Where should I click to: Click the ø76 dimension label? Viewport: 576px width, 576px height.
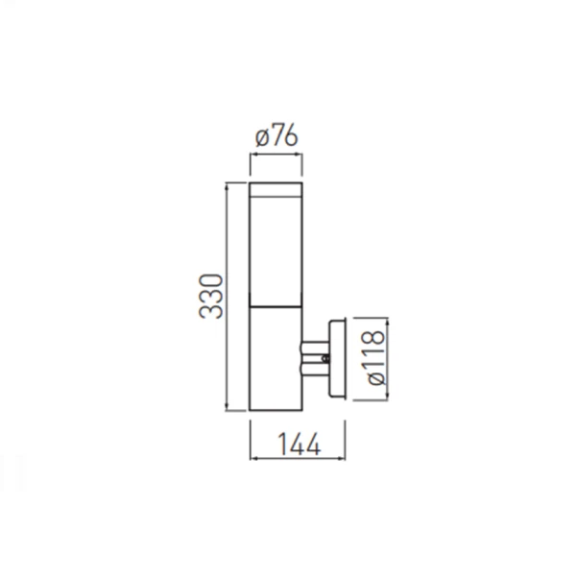[276, 136]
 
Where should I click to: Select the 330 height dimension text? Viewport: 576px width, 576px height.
[211, 296]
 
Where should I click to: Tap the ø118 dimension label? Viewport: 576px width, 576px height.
[375, 358]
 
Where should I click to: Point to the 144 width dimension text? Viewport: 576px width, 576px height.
[299, 444]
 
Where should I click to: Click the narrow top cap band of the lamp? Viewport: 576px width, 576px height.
[276, 189]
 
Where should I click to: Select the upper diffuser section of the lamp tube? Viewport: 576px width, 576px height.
[276, 251]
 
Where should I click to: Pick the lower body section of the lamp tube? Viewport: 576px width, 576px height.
[276, 358]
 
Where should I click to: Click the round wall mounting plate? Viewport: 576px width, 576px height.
[337, 358]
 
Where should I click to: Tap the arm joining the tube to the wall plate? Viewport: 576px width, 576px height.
[315, 358]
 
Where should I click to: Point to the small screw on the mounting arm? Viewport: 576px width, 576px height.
[324, 358]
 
